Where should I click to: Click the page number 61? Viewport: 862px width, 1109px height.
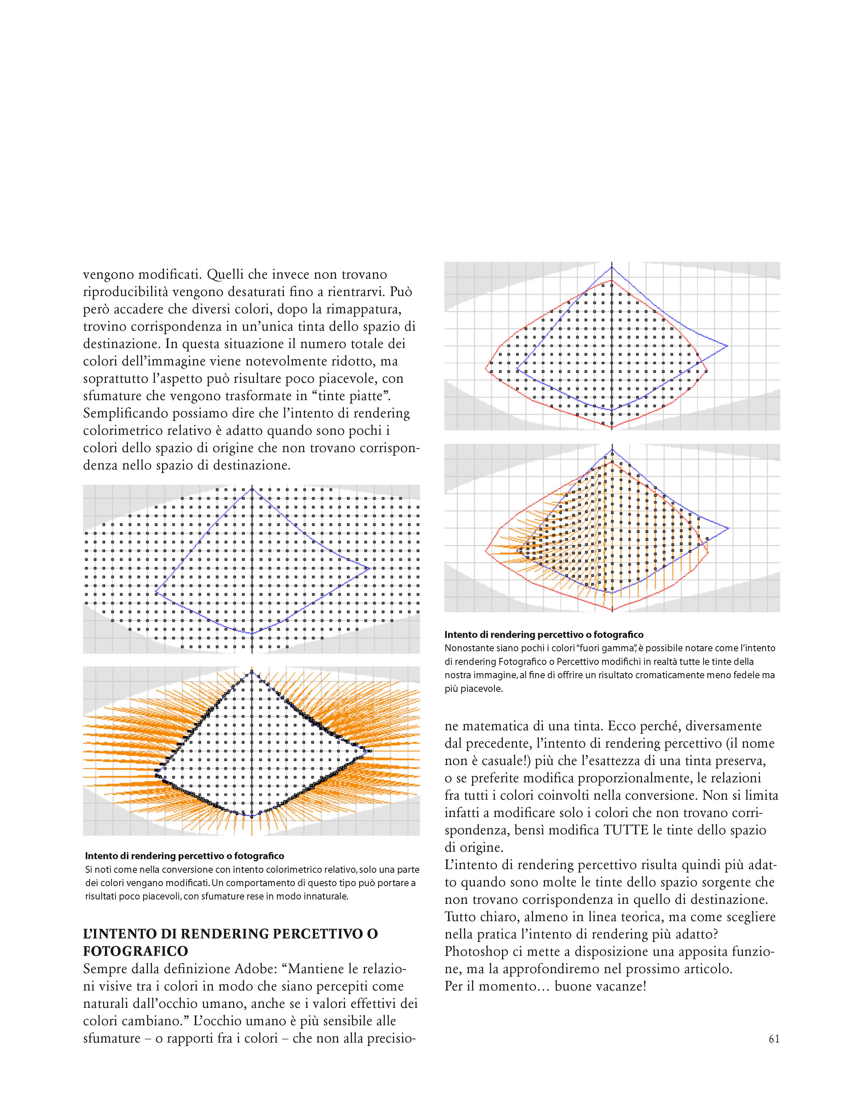pyautogui.click(x=774, y=1039)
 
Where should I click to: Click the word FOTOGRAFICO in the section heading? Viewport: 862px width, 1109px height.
pyautogui.click(x=136, y=951)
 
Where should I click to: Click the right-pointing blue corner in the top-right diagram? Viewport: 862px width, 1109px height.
pyautogui.click(x=727, y=346)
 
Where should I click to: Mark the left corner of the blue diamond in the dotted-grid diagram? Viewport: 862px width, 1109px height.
pyautogui.click(x=155, y=593)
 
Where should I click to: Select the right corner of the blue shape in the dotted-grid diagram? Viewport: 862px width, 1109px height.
pyautogui.click(x=370, y=568)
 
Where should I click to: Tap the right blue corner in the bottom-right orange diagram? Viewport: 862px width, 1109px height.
pyautogui.click(x=728, y=528)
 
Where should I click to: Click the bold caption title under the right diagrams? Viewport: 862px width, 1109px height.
pyautogui.click(x=543, y=634)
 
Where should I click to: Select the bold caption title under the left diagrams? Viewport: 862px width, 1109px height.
pyautogui.click(x=184, y=856)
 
